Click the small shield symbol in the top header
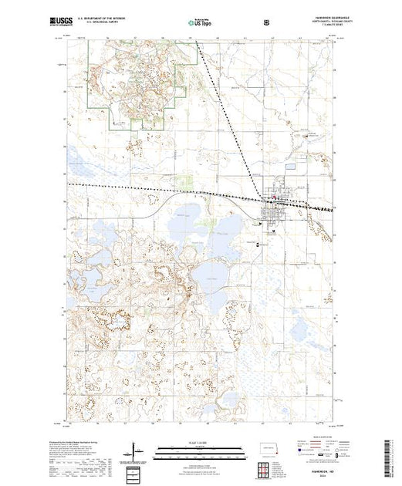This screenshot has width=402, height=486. coord(266,23)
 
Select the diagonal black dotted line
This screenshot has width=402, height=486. coord(224,116)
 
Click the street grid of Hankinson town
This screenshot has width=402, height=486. coord(274,202)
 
